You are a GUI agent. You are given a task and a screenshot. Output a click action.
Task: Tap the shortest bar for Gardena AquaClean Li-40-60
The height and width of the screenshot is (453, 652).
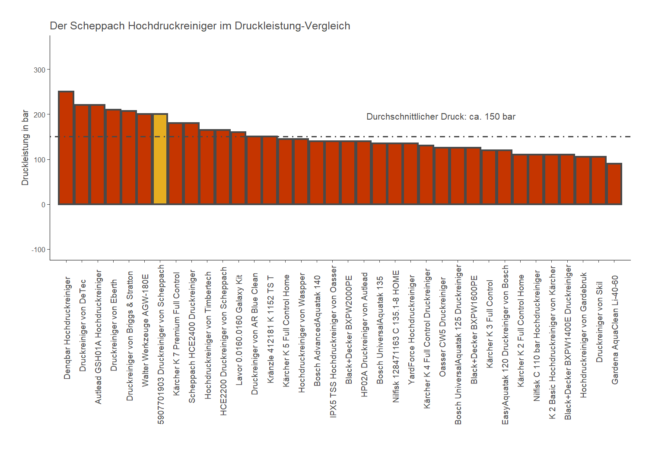(614, 184)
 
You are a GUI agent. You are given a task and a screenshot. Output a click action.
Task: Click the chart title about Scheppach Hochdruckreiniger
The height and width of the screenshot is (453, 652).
(200, 26)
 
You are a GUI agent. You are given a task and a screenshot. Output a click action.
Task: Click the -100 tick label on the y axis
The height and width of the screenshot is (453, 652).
(38, 250)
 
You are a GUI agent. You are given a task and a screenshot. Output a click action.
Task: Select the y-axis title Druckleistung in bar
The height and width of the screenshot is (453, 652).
(25, 148)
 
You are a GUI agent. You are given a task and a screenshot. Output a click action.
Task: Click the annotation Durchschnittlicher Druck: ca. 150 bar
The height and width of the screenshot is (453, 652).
(441, 117)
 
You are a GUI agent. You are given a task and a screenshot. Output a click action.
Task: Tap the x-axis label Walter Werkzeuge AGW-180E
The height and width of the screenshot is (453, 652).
(145, 330)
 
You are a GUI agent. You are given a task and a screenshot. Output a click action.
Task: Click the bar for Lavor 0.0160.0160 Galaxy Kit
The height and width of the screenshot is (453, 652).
(239, 168)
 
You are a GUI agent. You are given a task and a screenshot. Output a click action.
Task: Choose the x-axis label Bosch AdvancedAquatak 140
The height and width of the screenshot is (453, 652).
(317, 331)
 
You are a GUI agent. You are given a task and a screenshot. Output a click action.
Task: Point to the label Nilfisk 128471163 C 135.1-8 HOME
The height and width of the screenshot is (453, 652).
(395, 336)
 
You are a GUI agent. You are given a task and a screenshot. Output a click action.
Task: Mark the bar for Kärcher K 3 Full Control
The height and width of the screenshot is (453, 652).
(489, 177)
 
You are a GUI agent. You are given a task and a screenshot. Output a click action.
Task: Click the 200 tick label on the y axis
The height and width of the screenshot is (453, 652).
(40, 115)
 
